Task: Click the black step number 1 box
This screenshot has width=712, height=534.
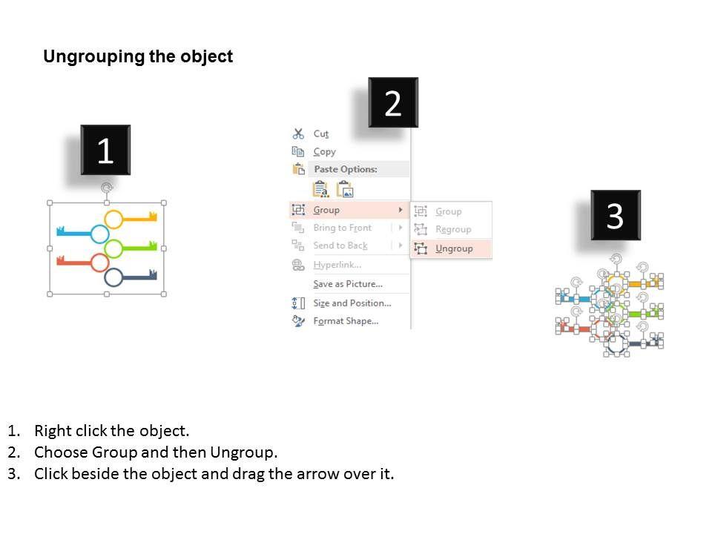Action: pyautogui.click(x=105, y=151)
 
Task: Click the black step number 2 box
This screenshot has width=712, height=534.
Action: pyautogui.click(x=393, y=103)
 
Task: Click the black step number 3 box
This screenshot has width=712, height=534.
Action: pyautogui.click(x=615, y=215)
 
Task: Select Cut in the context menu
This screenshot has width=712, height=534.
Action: pyautogui.click(x=320, y=133)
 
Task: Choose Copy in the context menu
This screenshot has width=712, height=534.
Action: pyautogui.click(x=324, y=151)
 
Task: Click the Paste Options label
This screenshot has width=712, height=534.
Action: pyautogui.click(x=345, y=169)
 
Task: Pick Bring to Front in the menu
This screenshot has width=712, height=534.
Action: pyautogui.click(x=342, y=228)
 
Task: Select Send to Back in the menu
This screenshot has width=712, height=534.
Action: pyautogui.click(x=340, y=245)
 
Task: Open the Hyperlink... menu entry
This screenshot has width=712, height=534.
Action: pyautogui.click(x=337, y=265)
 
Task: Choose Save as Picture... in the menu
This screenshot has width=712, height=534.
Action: pyautogui.click(x=347, y=284)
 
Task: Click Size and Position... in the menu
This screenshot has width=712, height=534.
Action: pyautogui.click(x=352, y=303)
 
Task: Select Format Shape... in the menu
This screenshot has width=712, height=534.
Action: pyautogui.click(x=346, y=321)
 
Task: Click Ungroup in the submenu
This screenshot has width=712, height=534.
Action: pyautogui.click(x=454, y=248)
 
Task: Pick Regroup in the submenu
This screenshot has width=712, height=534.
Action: pyautogui.click(x=453, y=230)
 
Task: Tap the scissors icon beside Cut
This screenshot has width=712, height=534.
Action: pyautogui.click(x=298, y=133)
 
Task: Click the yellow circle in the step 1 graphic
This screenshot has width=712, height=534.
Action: pyautogui.click(x=113, y=219)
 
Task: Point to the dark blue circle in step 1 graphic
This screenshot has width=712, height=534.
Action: pyautogui.click(x=113, y=277)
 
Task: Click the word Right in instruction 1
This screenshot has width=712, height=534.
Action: pyautogui.click(x=52, y=431)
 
